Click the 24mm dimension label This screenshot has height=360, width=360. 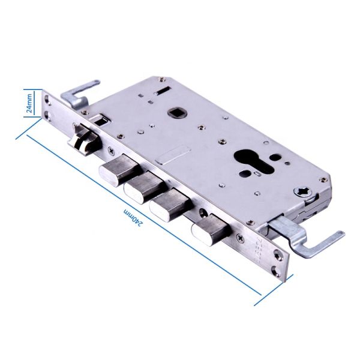(29, 103)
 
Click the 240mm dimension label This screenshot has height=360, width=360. (133, 217)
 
